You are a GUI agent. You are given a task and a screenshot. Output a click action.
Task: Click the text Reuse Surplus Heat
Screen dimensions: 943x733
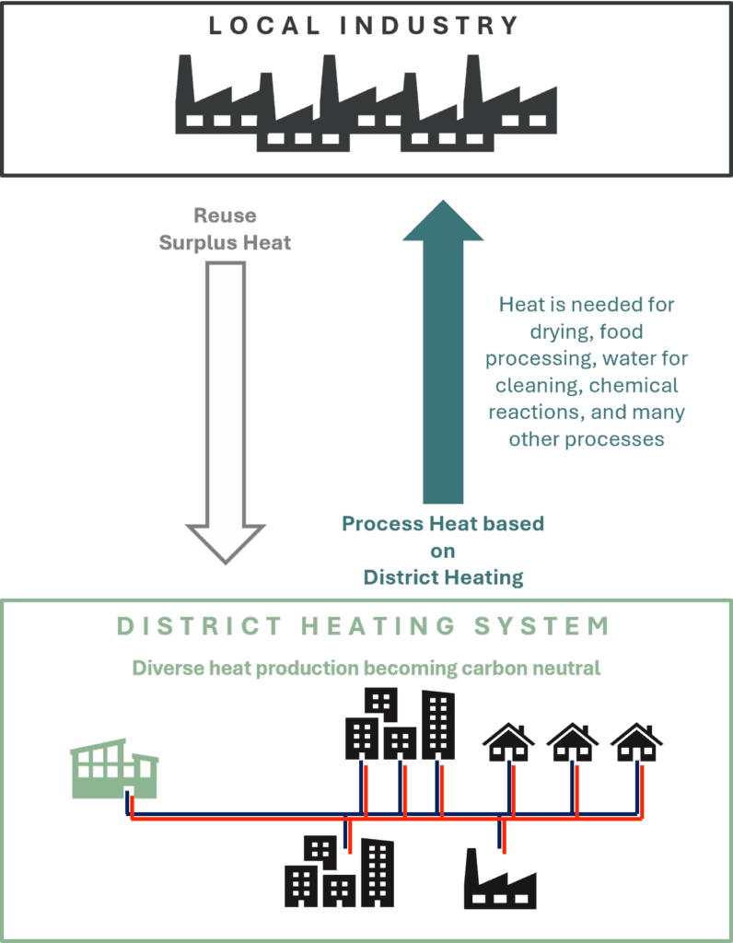(226, 229)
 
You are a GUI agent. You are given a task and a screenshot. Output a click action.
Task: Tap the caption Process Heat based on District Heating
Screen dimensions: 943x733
(443, 550)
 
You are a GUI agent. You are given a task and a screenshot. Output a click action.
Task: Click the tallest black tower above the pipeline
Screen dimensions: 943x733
(437, 725)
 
